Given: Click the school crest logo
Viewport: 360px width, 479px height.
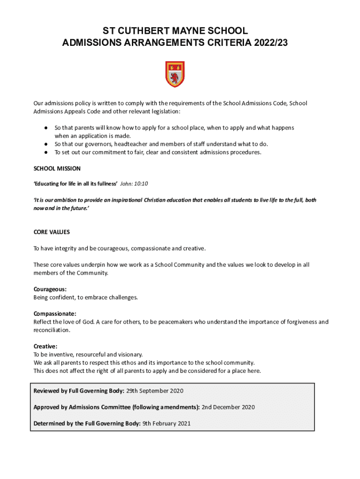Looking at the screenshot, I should pyautogui.click(x=175, y=74).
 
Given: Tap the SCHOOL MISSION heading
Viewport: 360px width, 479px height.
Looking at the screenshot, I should pyautogui.click(x=57, y=168).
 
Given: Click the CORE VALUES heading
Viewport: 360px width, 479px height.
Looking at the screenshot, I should pyautogui.click(x=51, y=232).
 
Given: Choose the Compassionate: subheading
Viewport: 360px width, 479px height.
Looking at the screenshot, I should pyautogui.click(x=55, y=313).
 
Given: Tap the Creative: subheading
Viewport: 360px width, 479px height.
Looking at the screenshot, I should pyautogui.click(x=45, y=346).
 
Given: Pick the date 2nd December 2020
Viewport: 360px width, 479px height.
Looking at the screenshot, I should pyautogui.click(x=228, y=407).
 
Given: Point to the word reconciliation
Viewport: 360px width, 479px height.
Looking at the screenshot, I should pyautogui.click(x=52, y=330).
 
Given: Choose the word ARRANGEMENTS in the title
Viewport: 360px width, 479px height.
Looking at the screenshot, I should pyautogui.click(x=145, y=43).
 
